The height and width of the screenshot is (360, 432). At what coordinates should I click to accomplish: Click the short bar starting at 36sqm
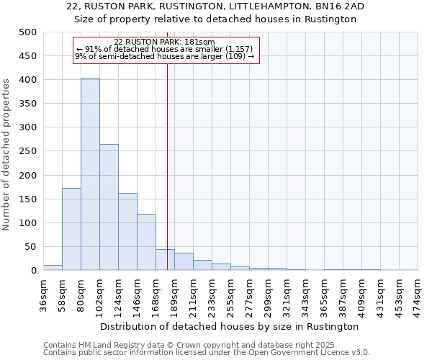coord(53,267)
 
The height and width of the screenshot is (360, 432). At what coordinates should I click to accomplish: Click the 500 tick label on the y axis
coord(27,32)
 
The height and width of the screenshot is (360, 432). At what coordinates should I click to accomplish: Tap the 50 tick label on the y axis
coord(30,247)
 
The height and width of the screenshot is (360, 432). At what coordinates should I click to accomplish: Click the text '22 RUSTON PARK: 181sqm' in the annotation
coord(164,42)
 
